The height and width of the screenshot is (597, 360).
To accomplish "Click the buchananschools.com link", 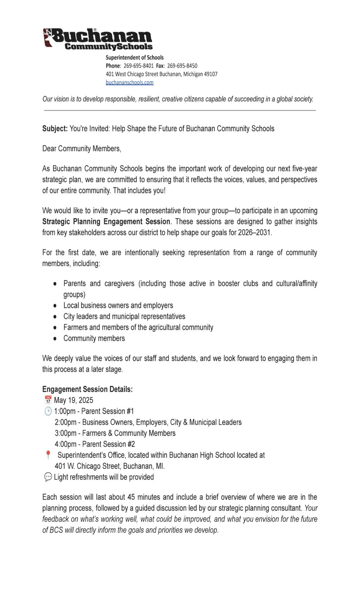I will tap(129, 82).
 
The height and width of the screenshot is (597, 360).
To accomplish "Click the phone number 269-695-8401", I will tap(138, 66).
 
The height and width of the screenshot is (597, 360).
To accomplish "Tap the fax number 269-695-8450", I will tap(182, 66).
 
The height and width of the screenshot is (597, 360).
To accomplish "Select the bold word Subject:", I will tap(55, 129).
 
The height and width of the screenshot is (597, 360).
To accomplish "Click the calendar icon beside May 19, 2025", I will tap(48, 400).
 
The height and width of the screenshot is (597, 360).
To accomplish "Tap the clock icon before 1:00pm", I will tap(48, 411).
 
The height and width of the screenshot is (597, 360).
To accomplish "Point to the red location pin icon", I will tap(48, 455).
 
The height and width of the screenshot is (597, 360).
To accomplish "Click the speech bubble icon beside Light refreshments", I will tap(48, 477).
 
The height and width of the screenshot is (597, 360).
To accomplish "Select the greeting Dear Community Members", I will tap(82, 148).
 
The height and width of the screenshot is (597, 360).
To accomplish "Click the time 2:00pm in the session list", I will tap(65, 422).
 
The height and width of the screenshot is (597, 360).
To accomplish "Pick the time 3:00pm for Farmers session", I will tap(65, 433).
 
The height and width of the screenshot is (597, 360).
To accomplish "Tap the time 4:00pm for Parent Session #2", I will tap(65, 444).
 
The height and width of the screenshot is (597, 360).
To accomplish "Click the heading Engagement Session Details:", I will tap(87, 389).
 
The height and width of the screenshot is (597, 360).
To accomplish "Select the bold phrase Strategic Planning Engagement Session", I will tap(106, 222).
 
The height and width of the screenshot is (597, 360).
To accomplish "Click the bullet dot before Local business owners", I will tap(55, 306).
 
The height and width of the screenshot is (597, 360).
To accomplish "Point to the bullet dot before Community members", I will tap(55, 339).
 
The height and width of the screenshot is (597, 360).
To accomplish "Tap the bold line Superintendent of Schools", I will tap(134, 58).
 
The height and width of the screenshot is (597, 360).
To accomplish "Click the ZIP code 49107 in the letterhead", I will tap(210, 74).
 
